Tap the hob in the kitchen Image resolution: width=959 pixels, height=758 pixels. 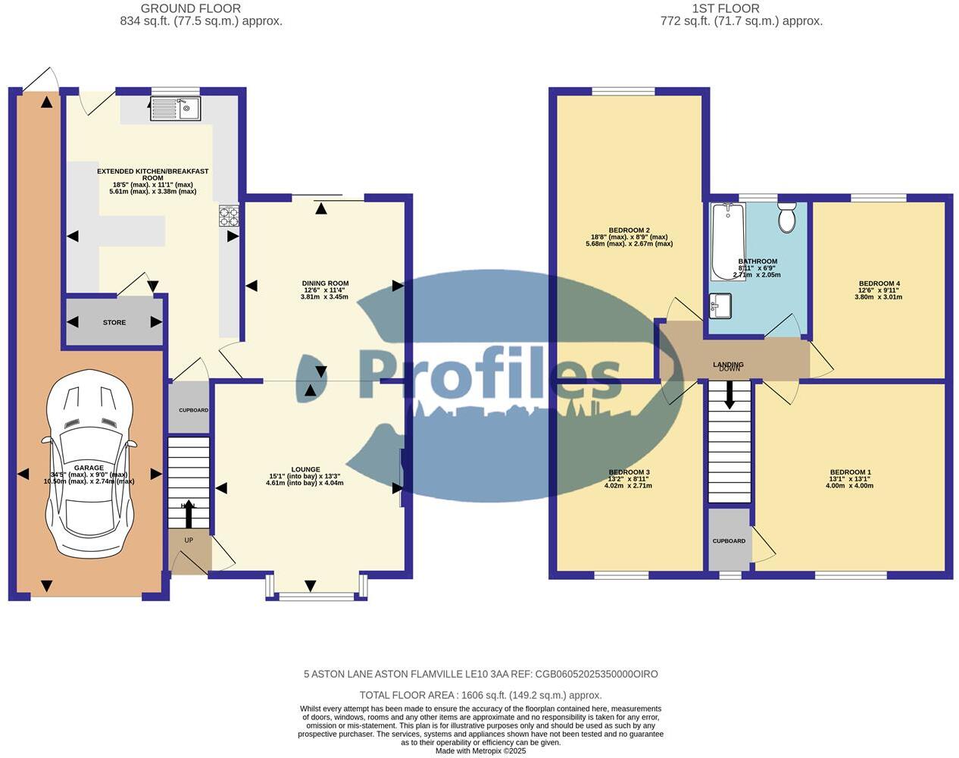228,217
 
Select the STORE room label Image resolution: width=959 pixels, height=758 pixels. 114,323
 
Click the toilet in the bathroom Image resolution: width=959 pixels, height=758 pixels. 787,218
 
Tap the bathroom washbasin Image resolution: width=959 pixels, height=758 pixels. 720,306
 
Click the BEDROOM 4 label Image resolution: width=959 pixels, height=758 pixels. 879,284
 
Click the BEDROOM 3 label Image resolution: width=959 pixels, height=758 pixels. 628,472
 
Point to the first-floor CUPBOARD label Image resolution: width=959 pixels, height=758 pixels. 729,541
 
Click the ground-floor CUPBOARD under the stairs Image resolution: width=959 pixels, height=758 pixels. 193,410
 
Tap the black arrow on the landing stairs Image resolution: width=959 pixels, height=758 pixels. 729,395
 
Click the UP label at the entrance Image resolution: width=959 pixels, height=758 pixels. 189,540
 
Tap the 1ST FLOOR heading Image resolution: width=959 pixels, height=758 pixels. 725,8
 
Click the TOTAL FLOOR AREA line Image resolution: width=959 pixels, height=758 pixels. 480,695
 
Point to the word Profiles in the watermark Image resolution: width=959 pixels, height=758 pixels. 489,375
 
